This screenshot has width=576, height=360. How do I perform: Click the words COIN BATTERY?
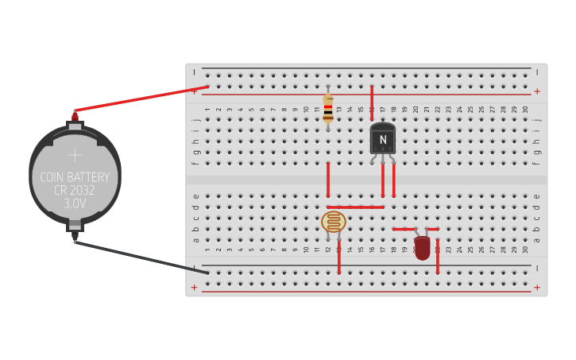[75, 177]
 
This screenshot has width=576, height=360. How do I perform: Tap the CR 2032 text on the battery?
[75, 191]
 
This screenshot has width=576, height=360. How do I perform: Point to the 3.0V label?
[75, 204]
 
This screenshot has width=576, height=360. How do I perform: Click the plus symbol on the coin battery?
[75, 154]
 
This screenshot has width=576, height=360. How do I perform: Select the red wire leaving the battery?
[143, 99]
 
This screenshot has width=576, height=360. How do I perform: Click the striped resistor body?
[328, 108]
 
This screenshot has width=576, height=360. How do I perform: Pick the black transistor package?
[382, 138]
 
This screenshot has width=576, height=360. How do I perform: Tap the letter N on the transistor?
[383, 140]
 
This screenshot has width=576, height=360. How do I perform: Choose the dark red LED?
[422, 247]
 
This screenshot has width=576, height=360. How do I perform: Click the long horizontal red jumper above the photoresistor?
[355, 207]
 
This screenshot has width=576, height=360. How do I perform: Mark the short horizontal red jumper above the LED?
[416, 229]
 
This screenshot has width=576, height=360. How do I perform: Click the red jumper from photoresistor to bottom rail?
[339, 258]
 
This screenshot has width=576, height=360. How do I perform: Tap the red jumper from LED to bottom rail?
[438, 256]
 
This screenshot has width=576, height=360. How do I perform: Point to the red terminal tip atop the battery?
[75, 116]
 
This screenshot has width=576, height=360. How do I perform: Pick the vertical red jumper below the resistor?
[328, 180]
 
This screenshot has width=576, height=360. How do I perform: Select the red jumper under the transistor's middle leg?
[383, 180]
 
